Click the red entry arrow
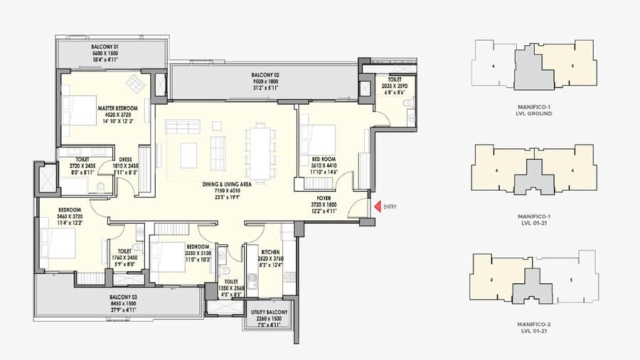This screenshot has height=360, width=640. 378,206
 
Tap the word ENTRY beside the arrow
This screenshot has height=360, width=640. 390,206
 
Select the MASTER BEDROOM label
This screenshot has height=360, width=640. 117,108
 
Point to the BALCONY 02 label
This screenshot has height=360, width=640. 264,75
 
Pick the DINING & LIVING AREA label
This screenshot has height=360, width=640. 226,184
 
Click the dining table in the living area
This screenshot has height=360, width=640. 260,153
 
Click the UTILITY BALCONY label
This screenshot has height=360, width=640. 268,312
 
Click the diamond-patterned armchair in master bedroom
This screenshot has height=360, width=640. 135,83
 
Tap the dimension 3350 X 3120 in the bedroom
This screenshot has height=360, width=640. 198,253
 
